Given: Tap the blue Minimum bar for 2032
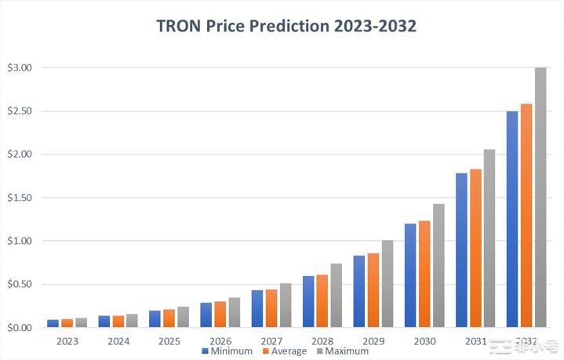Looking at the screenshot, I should click(512, 220).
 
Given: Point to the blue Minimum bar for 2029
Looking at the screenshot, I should click(358, 291).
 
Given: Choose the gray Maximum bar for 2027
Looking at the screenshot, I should click(285, 305).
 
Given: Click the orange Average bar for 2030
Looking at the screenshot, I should click(424, 274).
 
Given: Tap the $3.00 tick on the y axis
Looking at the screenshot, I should click(19, 68).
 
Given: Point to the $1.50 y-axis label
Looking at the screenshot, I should click(19, 198).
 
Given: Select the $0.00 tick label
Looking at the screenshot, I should click(19, 327).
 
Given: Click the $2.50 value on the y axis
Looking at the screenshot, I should click(19, 111).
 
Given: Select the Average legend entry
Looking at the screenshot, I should click(285, 351).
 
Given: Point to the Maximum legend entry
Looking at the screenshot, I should click(344, 351).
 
